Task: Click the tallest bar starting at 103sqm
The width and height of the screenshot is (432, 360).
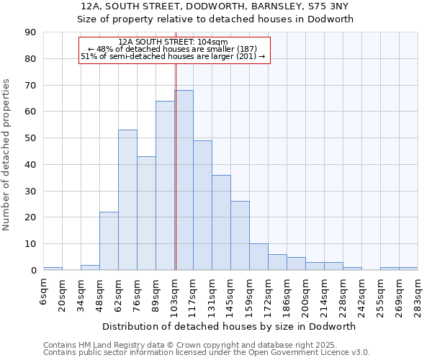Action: (x=184, y=180)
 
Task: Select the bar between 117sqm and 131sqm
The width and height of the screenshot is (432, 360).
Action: (x=202, y=205)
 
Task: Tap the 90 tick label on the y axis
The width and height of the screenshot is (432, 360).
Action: (x=30, y=32)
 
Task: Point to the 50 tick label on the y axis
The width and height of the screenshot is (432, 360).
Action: (x=30, y=138)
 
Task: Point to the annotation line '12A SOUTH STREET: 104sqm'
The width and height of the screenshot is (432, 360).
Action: (x=173, y=42)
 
